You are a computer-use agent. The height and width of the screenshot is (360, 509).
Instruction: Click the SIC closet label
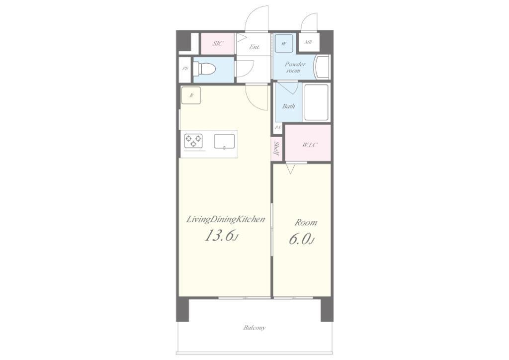coord(218,43)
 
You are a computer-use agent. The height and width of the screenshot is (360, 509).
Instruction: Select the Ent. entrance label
coord(254,47)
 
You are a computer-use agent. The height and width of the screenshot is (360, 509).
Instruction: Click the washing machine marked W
coord(284,43)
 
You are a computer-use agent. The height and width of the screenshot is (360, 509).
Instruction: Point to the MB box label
coord(308,42)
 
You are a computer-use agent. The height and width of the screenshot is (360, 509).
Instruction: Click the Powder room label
coord(295,67)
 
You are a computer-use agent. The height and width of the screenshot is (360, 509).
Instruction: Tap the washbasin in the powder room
coord(322,67)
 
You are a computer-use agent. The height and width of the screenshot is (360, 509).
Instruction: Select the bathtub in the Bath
coord(316,102)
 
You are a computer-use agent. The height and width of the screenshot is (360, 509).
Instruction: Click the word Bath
coord(288,106)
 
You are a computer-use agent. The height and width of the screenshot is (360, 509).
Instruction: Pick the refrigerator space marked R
coord(191,95)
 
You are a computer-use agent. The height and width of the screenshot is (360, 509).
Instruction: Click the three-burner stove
coord(193,141)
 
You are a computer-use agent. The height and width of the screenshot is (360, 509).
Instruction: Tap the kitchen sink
coord(224,141)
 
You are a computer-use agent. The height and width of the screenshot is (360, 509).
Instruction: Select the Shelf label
coord(276,148)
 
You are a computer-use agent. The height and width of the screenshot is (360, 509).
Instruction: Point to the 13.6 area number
coord(221,236)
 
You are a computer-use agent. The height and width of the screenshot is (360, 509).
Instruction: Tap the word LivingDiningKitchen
coord(226,220)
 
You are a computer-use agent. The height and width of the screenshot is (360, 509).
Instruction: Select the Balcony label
coord(255,328)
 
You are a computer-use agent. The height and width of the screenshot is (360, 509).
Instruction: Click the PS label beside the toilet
coord(185,69)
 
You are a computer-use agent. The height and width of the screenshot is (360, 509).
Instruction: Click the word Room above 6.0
coord(306,223)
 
